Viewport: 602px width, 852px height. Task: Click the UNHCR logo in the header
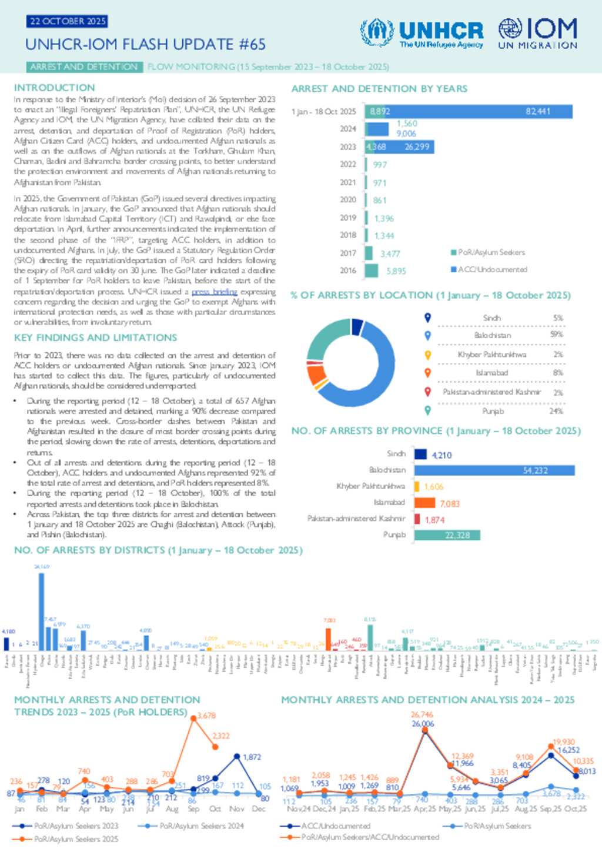[x=422, y=33]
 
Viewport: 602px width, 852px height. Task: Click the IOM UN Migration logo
[x=537, y=33]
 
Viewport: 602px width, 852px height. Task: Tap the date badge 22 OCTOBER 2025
[x=67, y=21]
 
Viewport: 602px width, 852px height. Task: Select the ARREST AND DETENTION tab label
[x=83, y=67]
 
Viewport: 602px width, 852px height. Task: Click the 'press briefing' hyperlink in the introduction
[x=215, y=292]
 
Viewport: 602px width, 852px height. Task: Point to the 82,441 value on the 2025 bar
[x=538, y=111]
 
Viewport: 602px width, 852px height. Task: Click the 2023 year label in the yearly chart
[x=348, y=146]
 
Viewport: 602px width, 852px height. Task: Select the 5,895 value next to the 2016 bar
[x=396, y=271]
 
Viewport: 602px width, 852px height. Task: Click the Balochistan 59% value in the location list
[x=556, y=335]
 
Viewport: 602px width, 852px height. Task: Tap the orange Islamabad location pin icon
[x=428, y=372]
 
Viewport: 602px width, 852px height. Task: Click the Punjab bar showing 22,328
[x=447, y=535]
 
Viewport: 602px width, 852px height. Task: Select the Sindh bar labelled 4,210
[x=420, y=454]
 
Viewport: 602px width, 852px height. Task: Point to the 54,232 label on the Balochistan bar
[x=535, y=470]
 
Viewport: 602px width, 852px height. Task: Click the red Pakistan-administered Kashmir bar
[x=417, y=519]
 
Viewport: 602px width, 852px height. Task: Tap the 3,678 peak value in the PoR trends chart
[x=206, y=716]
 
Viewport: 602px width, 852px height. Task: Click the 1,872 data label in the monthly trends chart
[x=252, y=757]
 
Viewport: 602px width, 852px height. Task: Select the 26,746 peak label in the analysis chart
[x=422, y=714]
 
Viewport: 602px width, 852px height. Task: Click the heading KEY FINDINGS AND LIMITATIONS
[x=95, y=338]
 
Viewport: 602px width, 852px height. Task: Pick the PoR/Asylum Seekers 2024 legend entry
[x=180, y=826]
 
